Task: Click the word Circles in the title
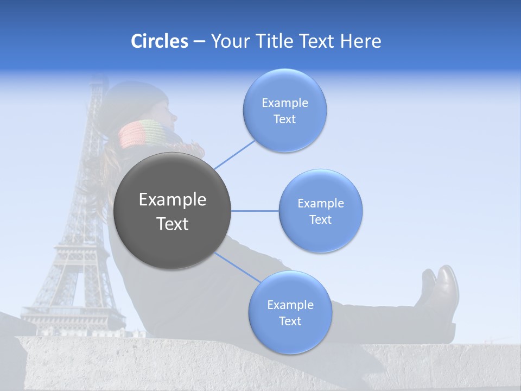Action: coord(159,41)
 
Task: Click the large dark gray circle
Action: coord(172,211)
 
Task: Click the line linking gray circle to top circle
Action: coord(234,154)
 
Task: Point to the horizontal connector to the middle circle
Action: coord(255,211)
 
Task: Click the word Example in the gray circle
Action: coord(173,200)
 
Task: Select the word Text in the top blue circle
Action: coord(284,119)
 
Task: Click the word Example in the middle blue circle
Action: coord(321,204)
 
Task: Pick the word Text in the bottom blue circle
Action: coord(290,321)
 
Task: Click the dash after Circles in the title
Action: coord(199,42)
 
